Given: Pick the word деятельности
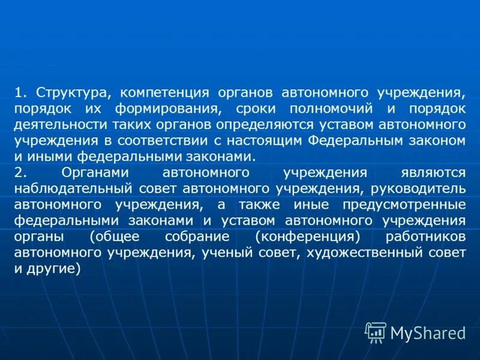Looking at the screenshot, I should pyautogui.click(x=58, y=125).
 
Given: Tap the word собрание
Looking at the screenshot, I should pyautogui.click(x=198, y=235).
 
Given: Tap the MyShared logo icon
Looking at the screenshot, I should pyautogui.click(x=376, y=332).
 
